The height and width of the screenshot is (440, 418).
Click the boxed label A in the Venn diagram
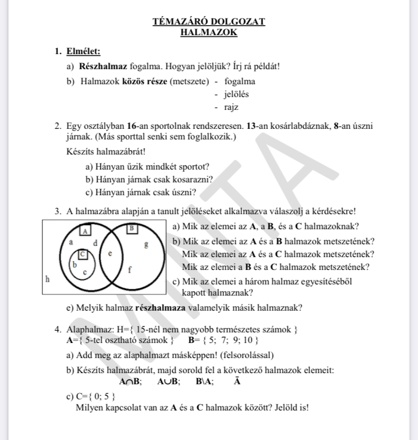coord(85,230)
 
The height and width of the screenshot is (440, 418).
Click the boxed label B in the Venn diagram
coord(132,228)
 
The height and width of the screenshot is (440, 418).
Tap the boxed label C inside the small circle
coord(84,254)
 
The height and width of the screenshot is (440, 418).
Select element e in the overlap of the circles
coord(110,253)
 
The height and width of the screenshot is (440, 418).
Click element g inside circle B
coord(146,244)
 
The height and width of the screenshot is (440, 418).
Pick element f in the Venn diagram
coord(130,269)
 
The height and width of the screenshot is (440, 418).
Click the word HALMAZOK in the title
coord(209,32)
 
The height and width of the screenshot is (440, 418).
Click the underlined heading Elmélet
coord(83,52)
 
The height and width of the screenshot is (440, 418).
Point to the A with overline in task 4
coord(237,381)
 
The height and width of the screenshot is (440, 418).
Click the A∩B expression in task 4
coord(130,382)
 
